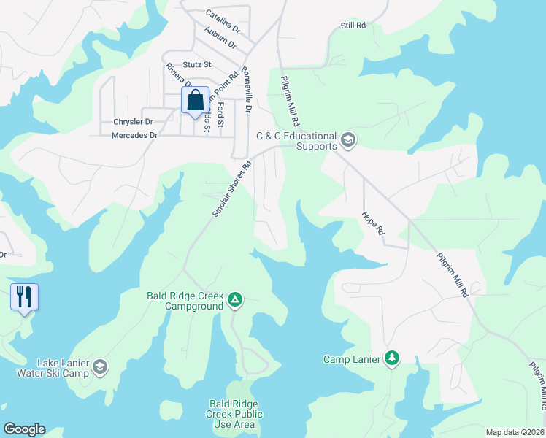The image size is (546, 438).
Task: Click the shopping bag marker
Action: [x=195, y=102]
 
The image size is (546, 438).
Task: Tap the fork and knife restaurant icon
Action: [x=24, y=297]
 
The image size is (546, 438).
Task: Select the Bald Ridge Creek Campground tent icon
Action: [x=235, y=299]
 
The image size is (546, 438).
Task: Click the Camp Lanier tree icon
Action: [x=393, y=358]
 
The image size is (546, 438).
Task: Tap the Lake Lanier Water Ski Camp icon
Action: [x=100, y=367]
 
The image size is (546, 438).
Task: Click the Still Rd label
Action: [x=353, y=26]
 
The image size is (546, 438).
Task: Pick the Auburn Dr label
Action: [x=221, y=37]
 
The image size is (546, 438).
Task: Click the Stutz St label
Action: [x=197, y=65]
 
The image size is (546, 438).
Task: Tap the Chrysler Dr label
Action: [x=133, y=122]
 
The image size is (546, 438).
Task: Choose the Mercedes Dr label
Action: [x=134, y=136]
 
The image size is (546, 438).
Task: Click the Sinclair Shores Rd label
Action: [x=231, y=188]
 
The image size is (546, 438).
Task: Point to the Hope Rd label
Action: [x=372, y=223]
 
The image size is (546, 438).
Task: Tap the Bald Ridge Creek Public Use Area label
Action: [x=234, y=414]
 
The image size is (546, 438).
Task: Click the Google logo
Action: [x=24, y=429]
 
